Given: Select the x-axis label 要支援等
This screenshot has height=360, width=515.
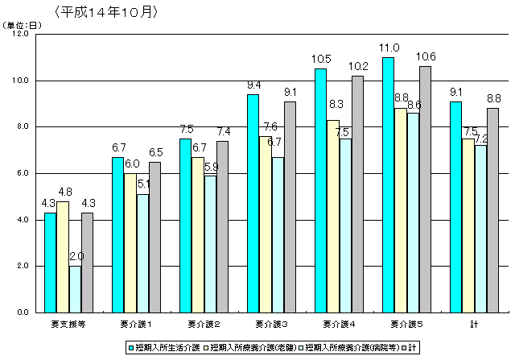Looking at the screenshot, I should coord(63,325).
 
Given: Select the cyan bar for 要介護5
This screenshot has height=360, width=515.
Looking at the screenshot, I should coord(388,184).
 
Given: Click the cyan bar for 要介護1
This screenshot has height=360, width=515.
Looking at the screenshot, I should coord(117,234).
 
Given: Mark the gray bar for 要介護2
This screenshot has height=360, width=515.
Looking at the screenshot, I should coord(222,226).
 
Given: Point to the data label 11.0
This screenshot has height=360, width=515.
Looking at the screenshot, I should coord(391,48).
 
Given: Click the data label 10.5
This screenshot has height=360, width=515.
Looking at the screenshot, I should coord(323,59).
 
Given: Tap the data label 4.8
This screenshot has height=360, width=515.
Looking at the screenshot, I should coord(64,192).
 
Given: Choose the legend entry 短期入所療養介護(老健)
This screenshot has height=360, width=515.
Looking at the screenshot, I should coord(253,348).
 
